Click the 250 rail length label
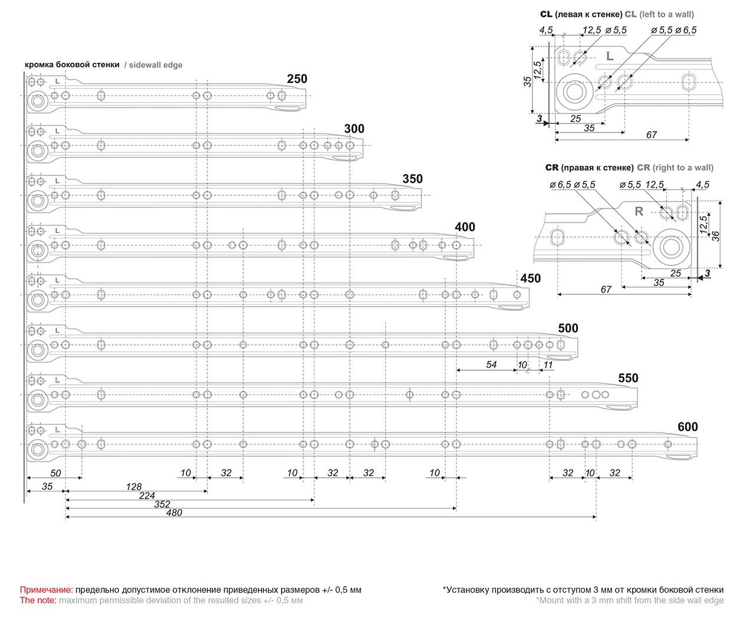coord(297,79)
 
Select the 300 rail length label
coord(354,129)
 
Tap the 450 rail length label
coord(530,278)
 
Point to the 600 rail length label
coord(687,427)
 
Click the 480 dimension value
coord(174,513)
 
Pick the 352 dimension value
coord(162,504)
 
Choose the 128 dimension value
coord(134,487)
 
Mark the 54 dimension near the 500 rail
coord(491,365)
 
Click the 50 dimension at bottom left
coord(55,473)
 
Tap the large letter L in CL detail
coord(610,56)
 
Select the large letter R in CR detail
coord(639,211)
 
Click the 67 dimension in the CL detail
coord(651,135)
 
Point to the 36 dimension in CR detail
coord(716,236)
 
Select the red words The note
coord(38,600)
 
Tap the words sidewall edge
coord(156,65)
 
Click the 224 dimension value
coord(147,496)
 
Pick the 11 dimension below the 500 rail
coord(548,365)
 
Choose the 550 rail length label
coord(628,378)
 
